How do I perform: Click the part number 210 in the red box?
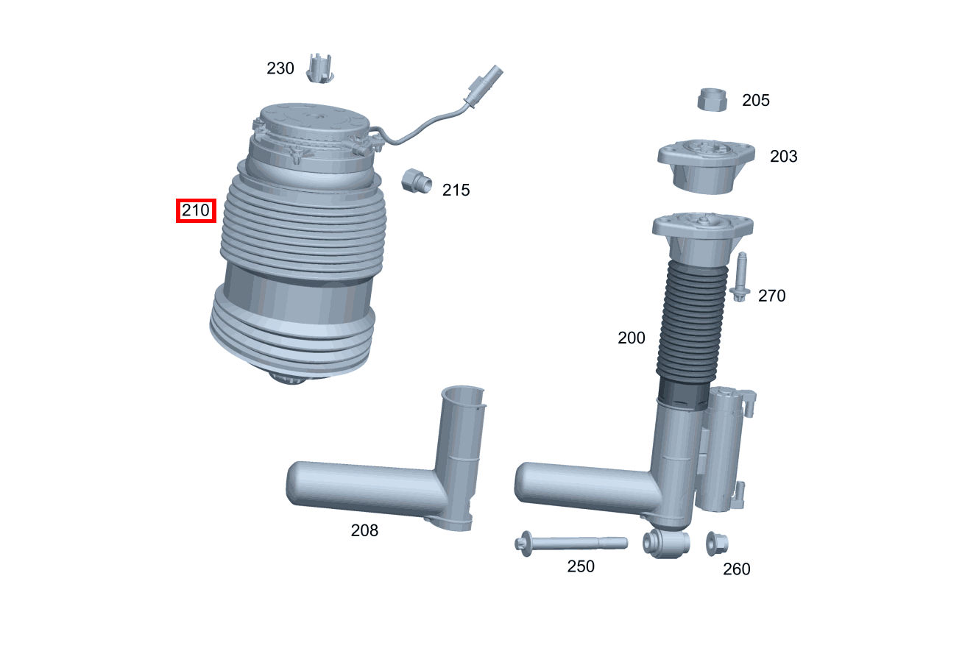click(196, 211)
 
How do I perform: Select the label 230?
click(280, 68)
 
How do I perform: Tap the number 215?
click(456, 190)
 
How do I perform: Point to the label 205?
click(755, 100)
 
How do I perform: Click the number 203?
click(783, 156)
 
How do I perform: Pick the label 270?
click(771, 296)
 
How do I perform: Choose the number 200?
click(631, 338)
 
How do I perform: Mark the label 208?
click(364, 530)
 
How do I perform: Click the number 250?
click(580, 566)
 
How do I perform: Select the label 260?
click(736, 569)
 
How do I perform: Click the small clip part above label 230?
click(319, 68)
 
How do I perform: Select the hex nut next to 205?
click(712, 99)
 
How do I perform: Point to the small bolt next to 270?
click(740, 277)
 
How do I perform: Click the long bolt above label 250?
click(570, 544)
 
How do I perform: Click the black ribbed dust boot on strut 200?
click(693, 324)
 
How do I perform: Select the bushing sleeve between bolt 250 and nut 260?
click(667, 543)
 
